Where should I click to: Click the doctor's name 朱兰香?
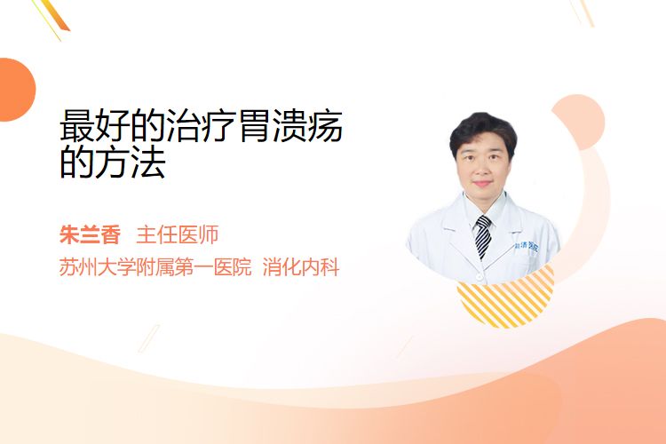(90, 235)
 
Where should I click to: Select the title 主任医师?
(178, 235)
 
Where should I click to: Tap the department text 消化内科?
(301, 267)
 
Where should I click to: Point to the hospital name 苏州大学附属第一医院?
(155, 267)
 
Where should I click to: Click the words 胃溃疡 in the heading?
(290, 126)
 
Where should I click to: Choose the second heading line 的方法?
(113, 163)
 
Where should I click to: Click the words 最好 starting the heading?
(95, 126)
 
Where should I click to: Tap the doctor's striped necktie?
(483, 236)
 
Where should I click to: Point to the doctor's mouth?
(482, 184)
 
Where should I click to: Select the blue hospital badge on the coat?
(527, 246)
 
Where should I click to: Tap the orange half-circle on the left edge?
(16, 90)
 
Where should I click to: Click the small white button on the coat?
(480, 277)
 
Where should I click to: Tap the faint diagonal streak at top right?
(583, 12)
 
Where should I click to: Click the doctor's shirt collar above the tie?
(484, 208)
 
